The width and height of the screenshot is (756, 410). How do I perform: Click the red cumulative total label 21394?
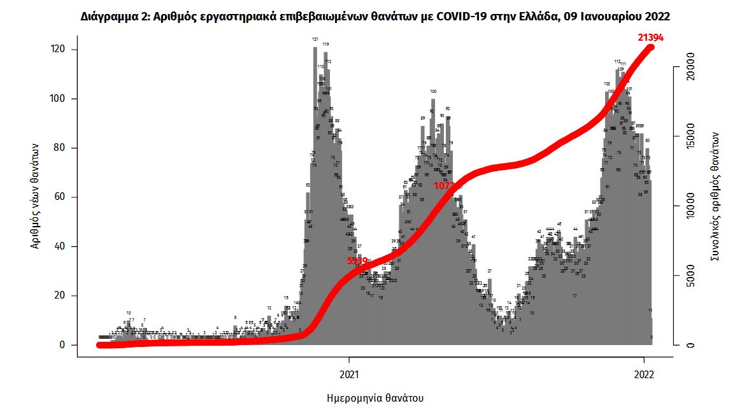[651, 38]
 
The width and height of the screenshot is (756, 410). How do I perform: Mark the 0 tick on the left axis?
[63, 345]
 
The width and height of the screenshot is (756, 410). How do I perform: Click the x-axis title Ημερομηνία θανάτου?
[371, 398]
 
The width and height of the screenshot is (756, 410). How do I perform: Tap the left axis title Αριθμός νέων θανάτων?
[38, 196]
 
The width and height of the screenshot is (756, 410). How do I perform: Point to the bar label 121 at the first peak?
[315, 39]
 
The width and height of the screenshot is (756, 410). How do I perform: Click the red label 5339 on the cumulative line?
[357, 260]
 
